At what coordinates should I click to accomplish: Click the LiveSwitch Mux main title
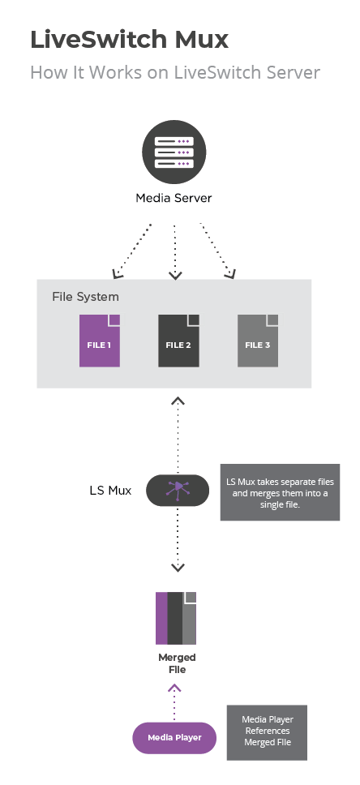tap(129, 40)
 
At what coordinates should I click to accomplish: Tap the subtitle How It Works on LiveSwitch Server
tap(175, 73)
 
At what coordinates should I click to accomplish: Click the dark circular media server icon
tap(174, 152)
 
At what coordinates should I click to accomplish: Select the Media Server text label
tap(174, 198)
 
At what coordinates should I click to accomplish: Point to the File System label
tap(86, 297)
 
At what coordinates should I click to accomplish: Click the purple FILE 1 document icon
tap(100, 341)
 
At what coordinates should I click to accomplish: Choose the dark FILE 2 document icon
tap(178, 341)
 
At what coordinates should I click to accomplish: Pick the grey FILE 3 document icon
tap(258, 341)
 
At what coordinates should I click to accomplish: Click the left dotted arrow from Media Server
tap(131, 251)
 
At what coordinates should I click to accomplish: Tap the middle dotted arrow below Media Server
tap(175, 252)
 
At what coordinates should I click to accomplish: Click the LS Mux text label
tap(110, 490)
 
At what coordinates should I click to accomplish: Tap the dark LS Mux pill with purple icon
tap(178, 491)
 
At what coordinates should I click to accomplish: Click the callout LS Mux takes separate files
tap(280, 492)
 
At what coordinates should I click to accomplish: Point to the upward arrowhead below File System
tap(178, 401)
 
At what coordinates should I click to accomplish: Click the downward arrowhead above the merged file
tap(178, 568)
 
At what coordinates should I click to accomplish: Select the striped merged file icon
tap(176, 618)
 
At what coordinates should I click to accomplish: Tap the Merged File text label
tap(177, 663)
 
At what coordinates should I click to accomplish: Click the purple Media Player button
tap(174, 738)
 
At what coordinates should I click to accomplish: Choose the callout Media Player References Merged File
tap(267, 732)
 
